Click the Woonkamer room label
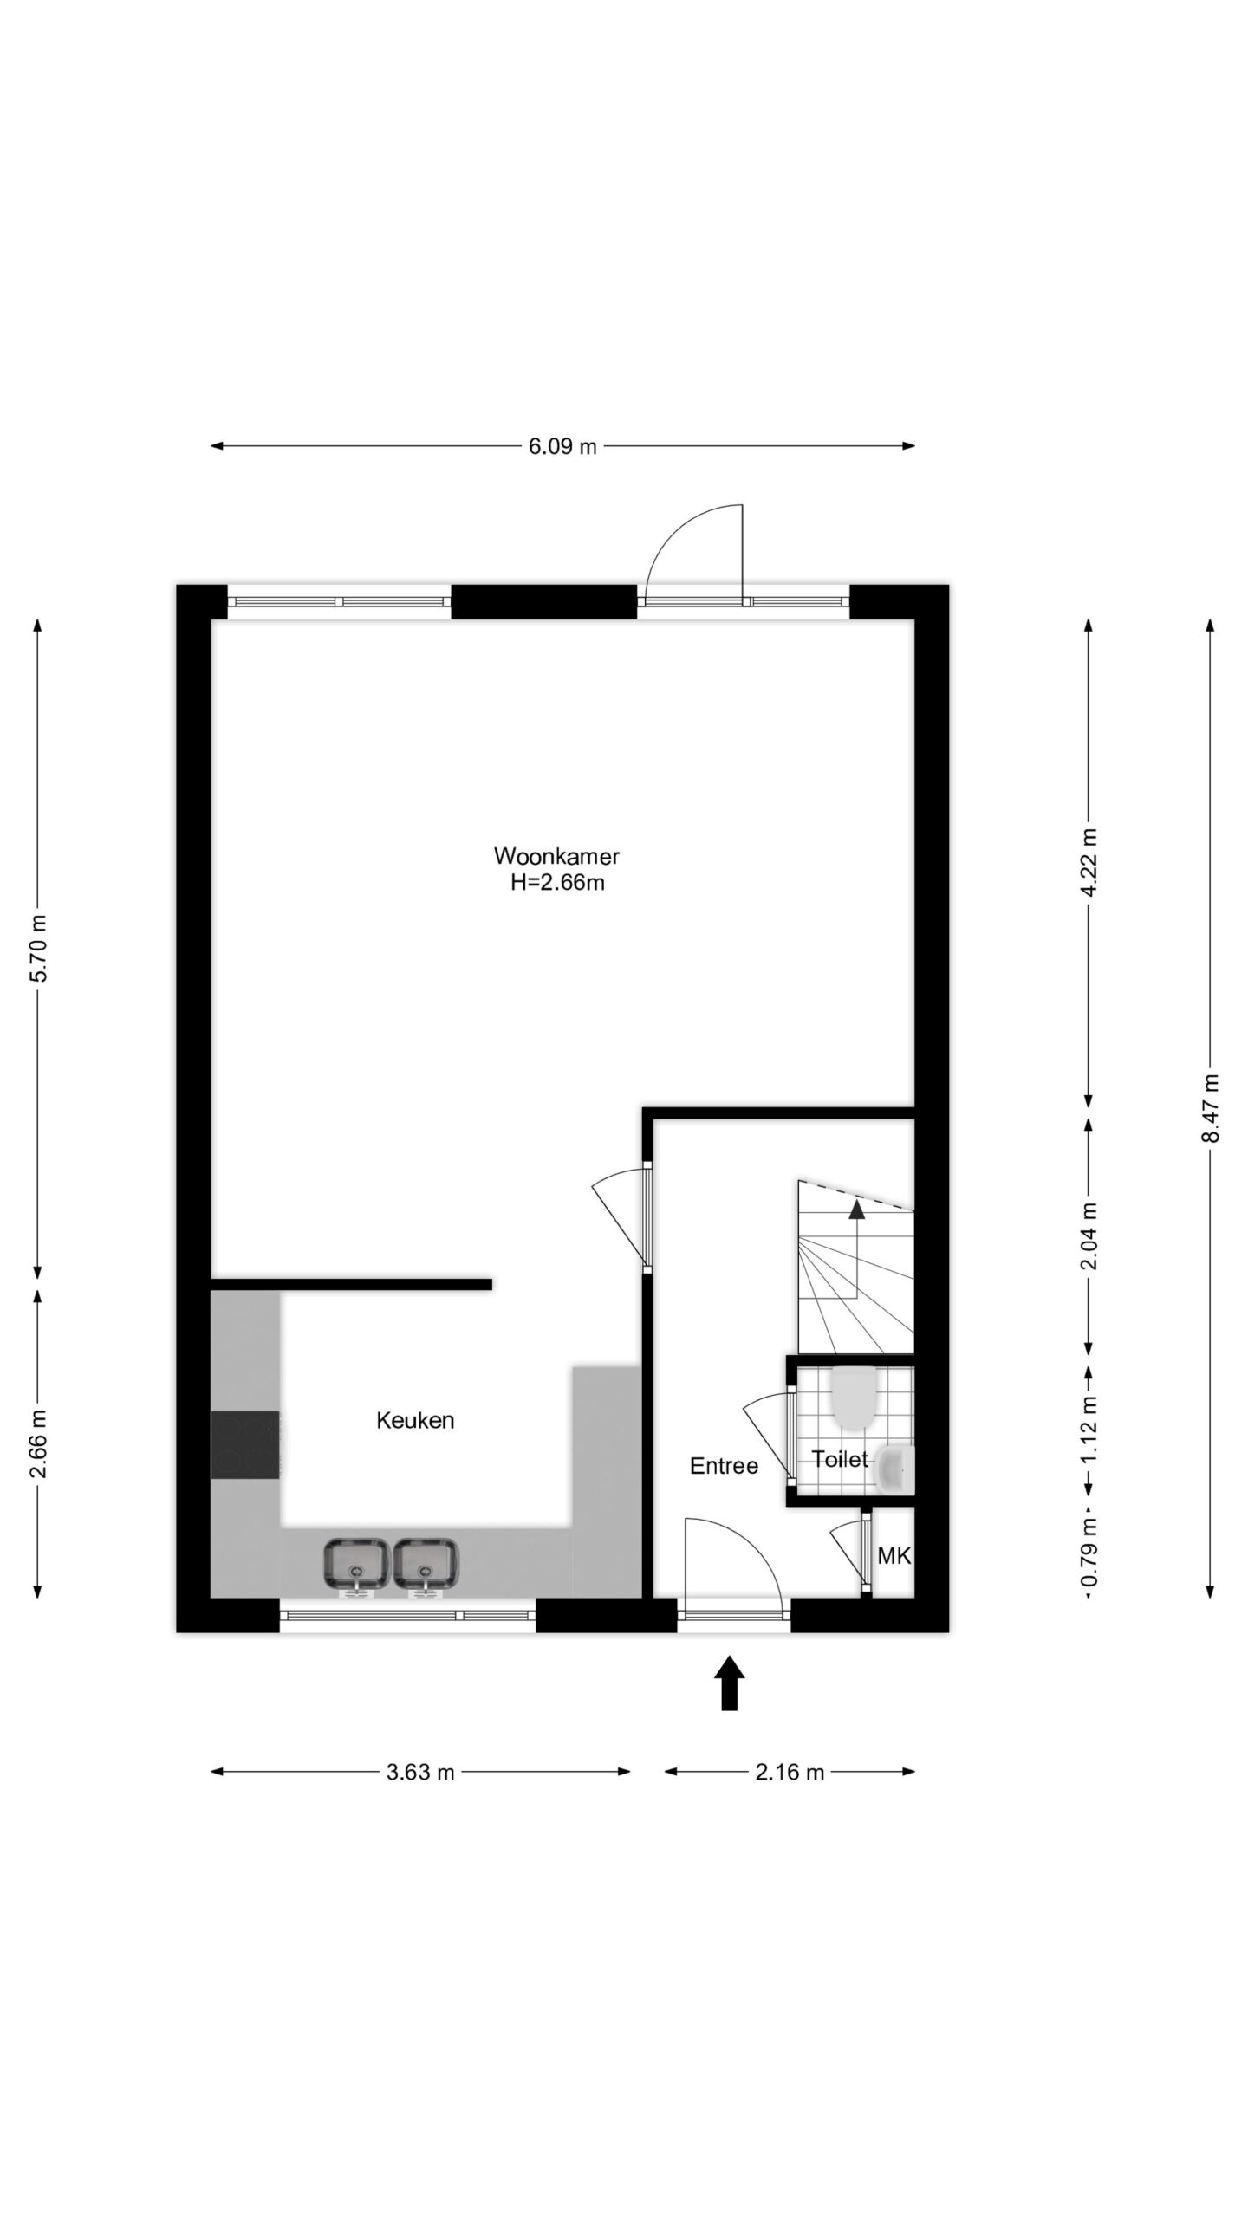pyautogui.click(x=556, y=856)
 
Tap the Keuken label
pyautogui.click(x=415, y=1420)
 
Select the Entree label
pyautogui.click(x=724, y=1465)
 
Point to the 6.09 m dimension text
pyautogui.click(x=563, y=447)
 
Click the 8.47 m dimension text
pyautogui.click(x=1210, y=1108)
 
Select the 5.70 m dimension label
pyautogui.click(x=38, y=948)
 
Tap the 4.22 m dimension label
pyautogui.click(x=1089, y=864)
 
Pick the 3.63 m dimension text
pyautogui.click(x=420, y=1773)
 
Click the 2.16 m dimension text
pyautogui.click(x=790, y=1773)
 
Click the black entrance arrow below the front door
pyautogui.click(x=730, y=1683)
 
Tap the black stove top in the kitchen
pyautogui.click(x=245, y=1444)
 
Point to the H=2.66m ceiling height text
pyautogui.click(x=557, y=884)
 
